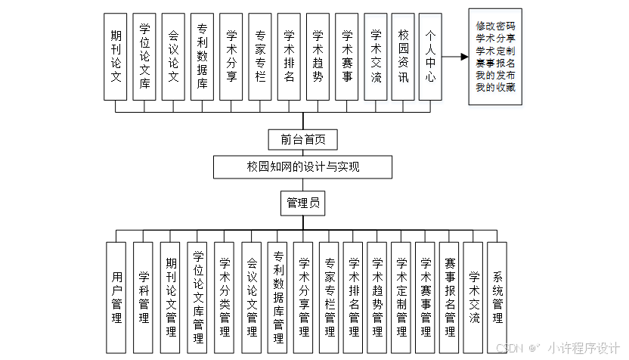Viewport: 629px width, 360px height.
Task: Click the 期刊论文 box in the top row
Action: (115, 57)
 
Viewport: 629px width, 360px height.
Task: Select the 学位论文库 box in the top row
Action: (144, 57)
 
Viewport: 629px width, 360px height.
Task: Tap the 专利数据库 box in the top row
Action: (202, 57)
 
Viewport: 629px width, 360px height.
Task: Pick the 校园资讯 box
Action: (404, 57)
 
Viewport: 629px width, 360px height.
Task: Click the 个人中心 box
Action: (430, 57)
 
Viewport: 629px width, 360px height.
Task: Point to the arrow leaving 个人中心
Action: (454, 57)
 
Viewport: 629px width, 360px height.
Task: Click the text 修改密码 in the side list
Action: (496, 26)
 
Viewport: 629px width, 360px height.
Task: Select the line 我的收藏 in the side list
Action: (496, 88)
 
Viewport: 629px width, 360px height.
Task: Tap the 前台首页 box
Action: (303, 139)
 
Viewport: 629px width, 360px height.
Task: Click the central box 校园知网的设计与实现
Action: (303, 166)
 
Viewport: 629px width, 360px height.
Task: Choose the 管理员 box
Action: (303, 203)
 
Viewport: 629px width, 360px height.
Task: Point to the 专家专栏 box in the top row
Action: (260, 57)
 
